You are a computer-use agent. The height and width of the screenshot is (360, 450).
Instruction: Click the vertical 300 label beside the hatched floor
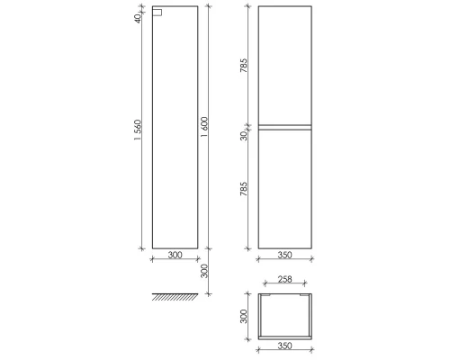(x=204, y=271)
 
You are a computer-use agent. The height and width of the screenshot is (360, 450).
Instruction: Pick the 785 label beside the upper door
(x=245, y=67)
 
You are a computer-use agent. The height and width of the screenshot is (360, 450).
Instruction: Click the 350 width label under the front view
(x=283, y=256)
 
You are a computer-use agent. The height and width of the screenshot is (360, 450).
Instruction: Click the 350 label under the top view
(x=283, y=345)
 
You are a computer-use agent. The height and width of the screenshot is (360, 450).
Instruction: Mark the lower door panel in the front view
(x=284, y=189)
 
